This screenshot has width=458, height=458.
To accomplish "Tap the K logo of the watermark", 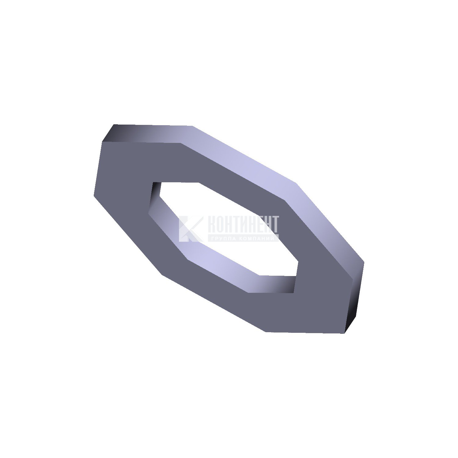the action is coord(190,229).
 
